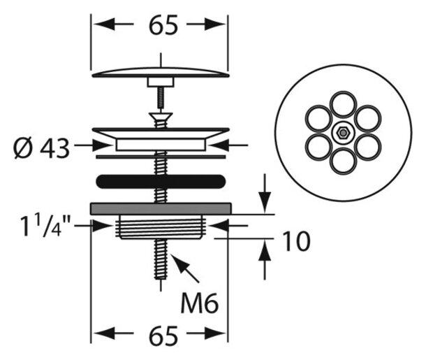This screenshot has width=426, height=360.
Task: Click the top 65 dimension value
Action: pos(163,24)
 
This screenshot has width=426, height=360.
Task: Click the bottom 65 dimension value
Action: pos(163,335)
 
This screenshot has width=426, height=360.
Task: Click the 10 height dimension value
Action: pos(296,241)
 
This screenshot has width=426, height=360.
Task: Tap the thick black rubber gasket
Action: pos(161,182)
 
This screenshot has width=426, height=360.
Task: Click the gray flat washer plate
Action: pos(161,208)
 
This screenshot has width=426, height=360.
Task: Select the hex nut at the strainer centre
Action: pos(343,133)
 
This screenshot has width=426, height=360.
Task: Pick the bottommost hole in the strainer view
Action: pos(343,161)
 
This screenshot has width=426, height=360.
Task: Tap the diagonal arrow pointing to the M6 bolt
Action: pos(185,268)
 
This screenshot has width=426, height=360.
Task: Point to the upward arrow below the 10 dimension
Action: pos(265,259)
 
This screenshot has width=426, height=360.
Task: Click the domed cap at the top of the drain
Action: pos(161,72)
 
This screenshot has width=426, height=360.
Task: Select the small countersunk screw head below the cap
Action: pos(161,116)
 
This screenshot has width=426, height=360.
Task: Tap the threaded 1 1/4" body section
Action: pos(161,227)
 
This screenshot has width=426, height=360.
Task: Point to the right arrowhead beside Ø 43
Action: pos(216,145)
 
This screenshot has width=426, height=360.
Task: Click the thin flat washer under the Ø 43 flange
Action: pos(161,157)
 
